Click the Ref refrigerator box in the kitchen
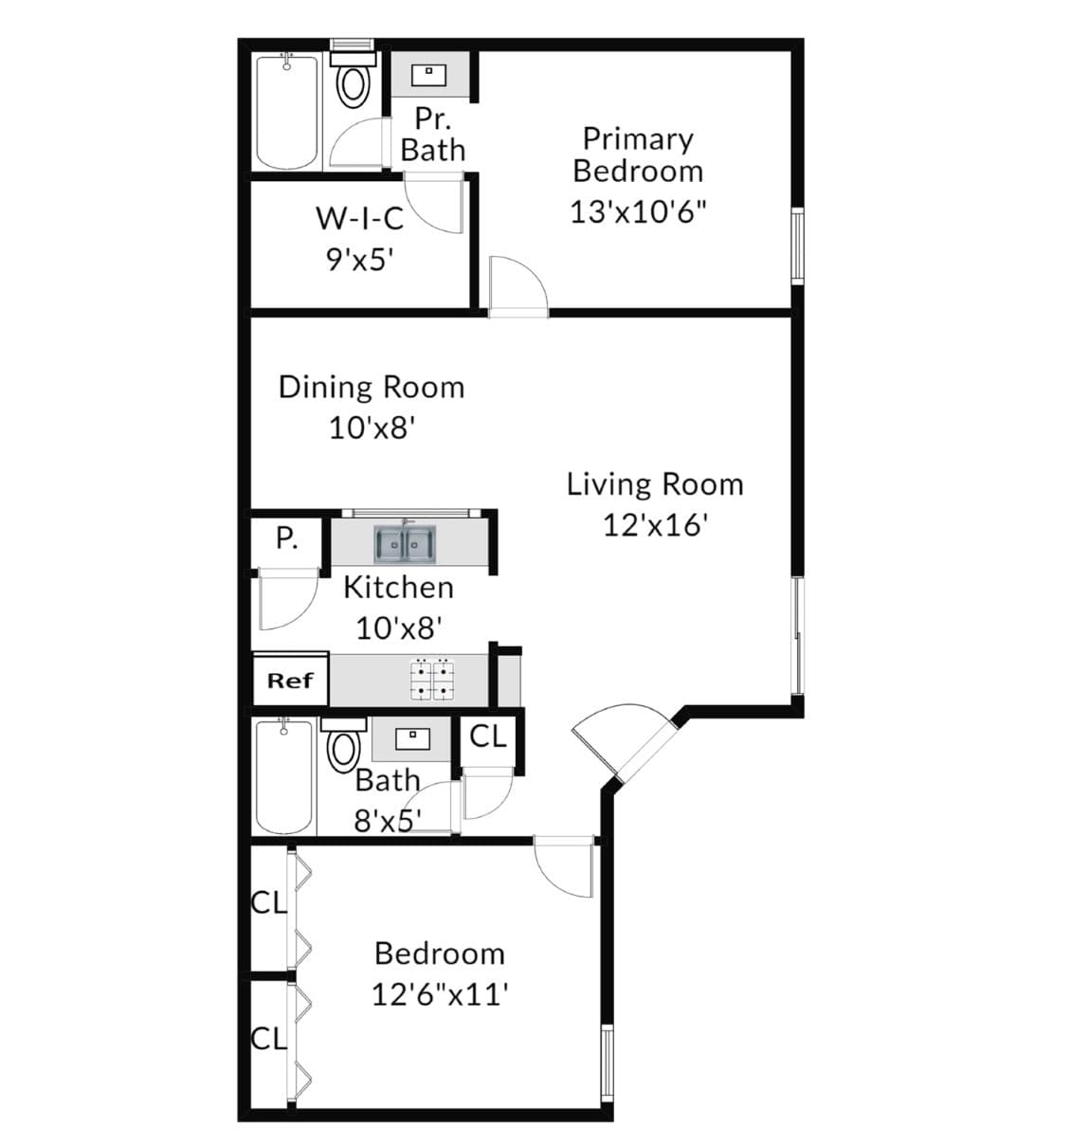pyautogui.click(x=291, y=680)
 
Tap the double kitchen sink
pyautogui.click(x=405, y=544)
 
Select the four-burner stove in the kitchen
pyautogui.click(x=432, y=679)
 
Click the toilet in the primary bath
pyautogui.click(x=353, y=80)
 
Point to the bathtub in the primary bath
pyautogui.click(x=287, y=111)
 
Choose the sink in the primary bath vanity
pyautogui.click(x=428, y=75)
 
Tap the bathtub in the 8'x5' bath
pyautogui.click(x=285, y=777)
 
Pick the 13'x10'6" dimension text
pyautogui.click(x=638, y=211)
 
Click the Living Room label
pyautogui.click(x=655, y=484)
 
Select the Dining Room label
pyautogui.click(x=372, y=388)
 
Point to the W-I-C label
pyautogui.click(x=360, y=218)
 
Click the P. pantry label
pyautogui.click(x=287, y=538)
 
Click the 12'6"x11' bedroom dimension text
pyautogui.click(x=441, y=994)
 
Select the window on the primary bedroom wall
pyautogui.click(x=797, y=245)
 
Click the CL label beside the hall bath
pyautogui.click(x=488, y=736)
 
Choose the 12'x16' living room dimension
pyautogui.click(x=655, y=525)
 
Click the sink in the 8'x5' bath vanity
pyautogui.click(x=412, y=739)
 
